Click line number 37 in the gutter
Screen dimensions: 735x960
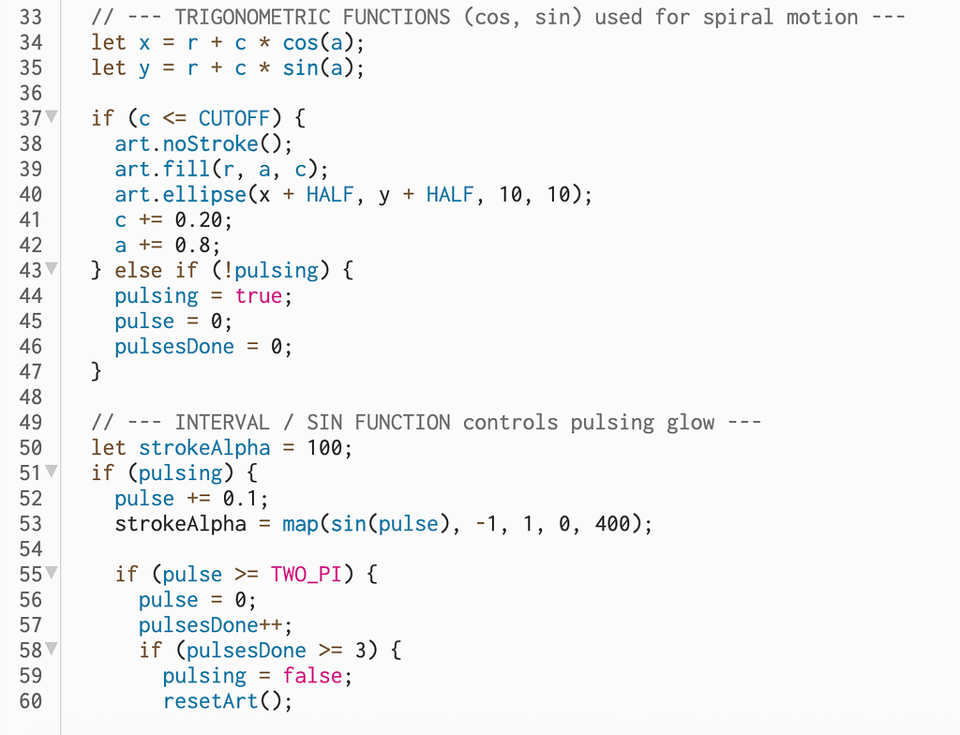click(30, 118)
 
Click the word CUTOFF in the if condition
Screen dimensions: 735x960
click(234, 118)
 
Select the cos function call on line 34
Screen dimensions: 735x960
click(300, 42)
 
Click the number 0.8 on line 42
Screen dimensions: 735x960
click(199, 245)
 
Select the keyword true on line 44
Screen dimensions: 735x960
click(258, 295)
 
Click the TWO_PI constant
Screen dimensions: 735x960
click(307, 574)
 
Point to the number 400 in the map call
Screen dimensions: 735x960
click(612, 523)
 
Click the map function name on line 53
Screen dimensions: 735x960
click(300, 523)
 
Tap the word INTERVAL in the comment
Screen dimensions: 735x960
click(222, 422)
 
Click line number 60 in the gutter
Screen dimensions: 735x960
click(30, 700)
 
